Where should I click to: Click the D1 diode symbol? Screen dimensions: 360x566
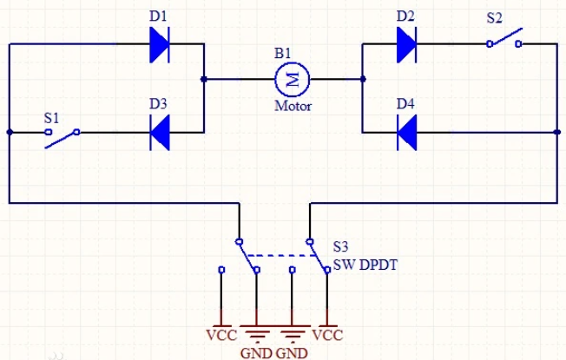point(158,44)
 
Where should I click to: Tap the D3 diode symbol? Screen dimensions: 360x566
point(158,133)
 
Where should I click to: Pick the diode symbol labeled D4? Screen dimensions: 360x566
point(406,133)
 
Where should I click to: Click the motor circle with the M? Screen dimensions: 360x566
point(292,80)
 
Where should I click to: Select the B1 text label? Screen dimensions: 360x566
point(283,54)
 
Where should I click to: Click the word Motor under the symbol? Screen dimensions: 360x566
point(293,108)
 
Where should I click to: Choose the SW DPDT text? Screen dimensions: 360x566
point(365,265)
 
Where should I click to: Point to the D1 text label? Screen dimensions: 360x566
point(158,16)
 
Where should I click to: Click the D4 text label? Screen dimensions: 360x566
point(405,104)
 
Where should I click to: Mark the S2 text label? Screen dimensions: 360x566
point(494,16)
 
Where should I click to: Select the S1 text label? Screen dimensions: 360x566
point(52,115)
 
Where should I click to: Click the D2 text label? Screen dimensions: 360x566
point(405,16)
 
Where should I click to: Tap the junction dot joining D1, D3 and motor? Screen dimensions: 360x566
point(203,80)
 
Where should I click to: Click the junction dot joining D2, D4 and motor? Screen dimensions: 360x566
point(363,80)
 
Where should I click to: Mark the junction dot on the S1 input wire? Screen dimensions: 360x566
point(10,133)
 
